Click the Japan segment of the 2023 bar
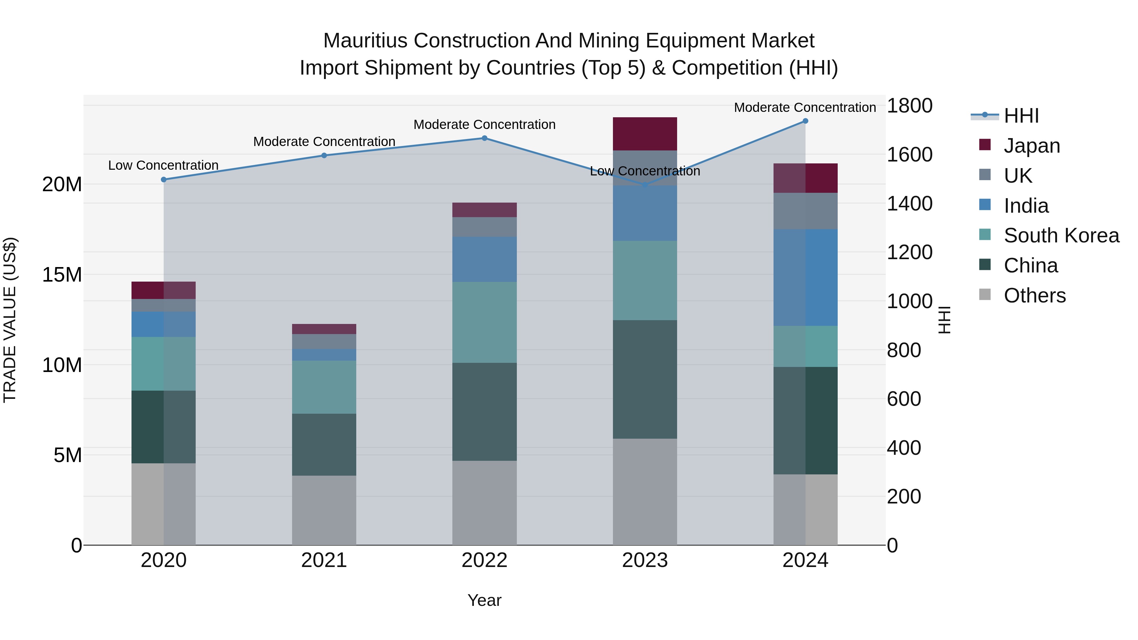point(645,134)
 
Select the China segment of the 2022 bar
point(484,411)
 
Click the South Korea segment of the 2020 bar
point(163,363)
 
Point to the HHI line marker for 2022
point(484,138)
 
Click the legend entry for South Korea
point(1061,235)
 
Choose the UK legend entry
point(1018,176)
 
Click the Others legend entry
point(1034,296)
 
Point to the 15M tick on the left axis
point(62,275)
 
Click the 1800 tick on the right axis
point(909,106)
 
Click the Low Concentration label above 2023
point(645,171)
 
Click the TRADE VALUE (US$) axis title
point(10,320)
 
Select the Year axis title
point(484,600)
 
